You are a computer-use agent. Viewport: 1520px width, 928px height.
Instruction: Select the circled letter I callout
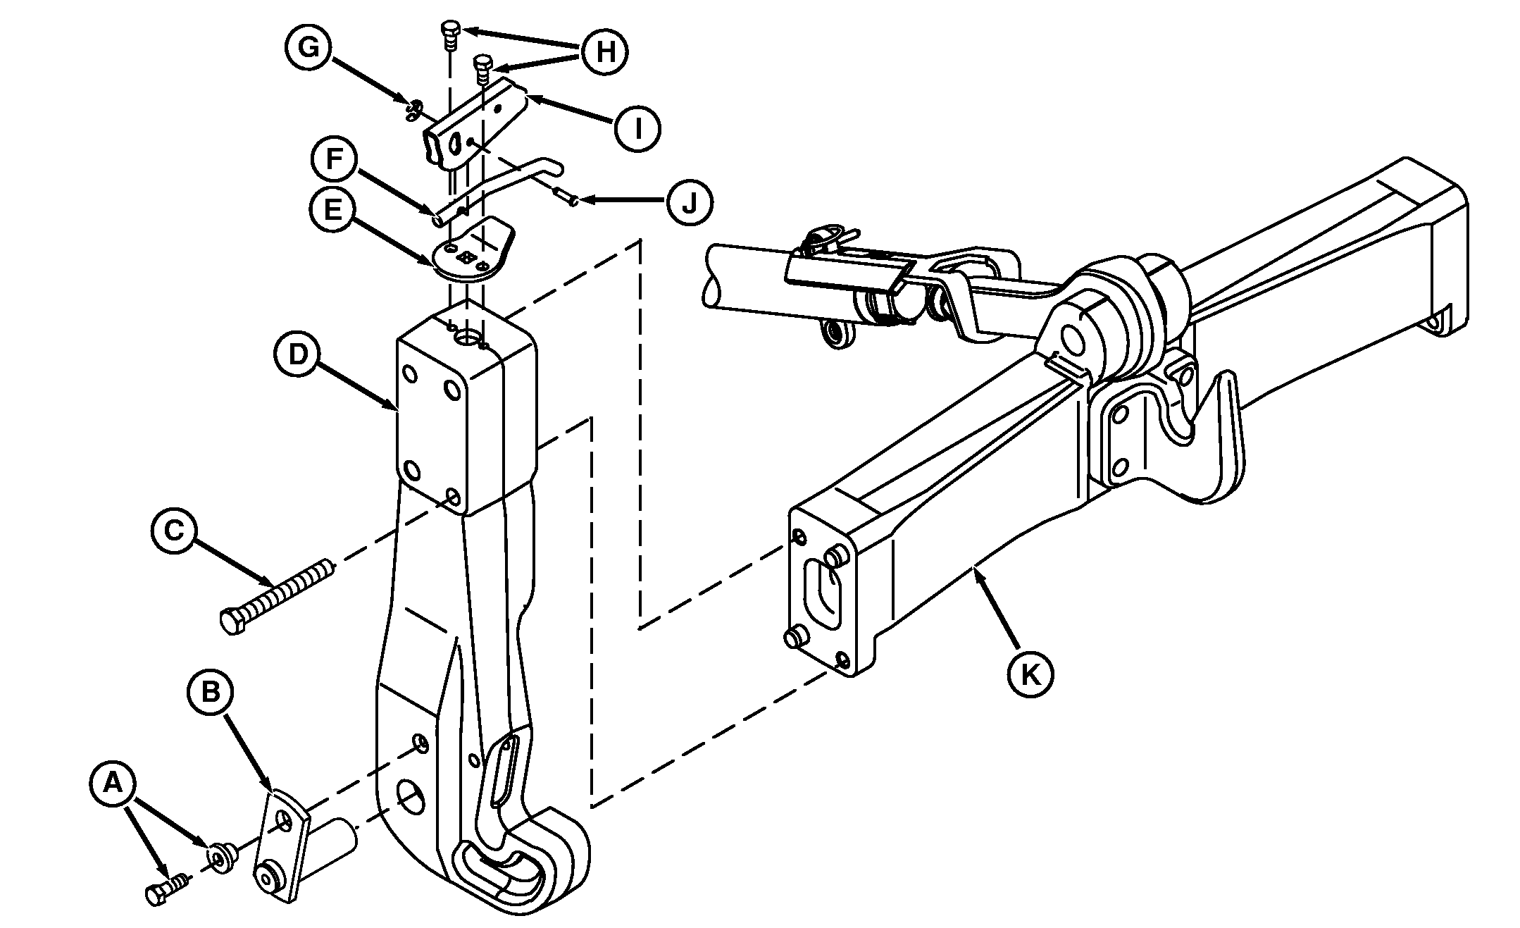tap(637, 128)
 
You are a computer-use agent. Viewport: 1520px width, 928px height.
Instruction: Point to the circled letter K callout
tap(1030, 674)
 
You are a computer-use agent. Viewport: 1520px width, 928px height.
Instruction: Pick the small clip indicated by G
tap(413, 109)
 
